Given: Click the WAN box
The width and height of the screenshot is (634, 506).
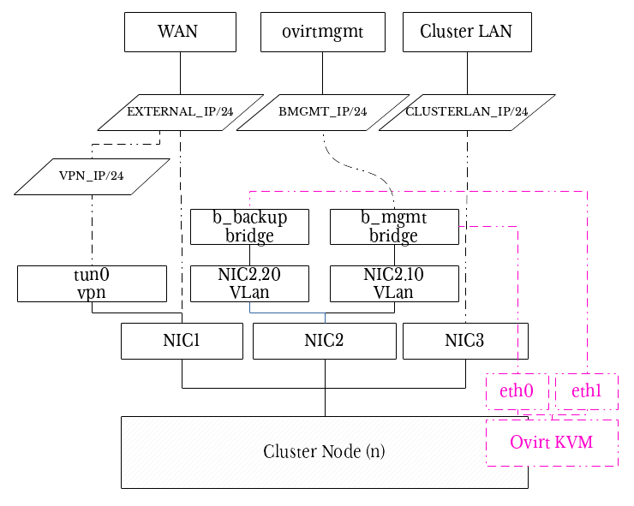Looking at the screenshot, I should [178, 32].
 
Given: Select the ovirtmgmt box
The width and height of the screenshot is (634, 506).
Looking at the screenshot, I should [322, 32].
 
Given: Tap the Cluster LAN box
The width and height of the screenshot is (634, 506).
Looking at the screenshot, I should [466, 32].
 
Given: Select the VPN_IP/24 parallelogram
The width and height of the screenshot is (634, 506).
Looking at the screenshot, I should [91, 176].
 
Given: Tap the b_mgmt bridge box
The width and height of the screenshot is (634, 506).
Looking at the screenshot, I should [394, 226].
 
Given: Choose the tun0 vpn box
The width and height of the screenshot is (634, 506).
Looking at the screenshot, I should [92, 283].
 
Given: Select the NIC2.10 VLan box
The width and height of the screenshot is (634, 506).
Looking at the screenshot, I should [394, 283].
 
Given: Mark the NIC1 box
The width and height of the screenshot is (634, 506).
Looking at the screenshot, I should [182, 341].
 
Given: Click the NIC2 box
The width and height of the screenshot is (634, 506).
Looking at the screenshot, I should [324, 341].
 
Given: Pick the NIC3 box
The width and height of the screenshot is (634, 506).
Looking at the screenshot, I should [464, 341].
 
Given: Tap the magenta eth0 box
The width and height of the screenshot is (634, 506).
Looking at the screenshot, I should [517, 391].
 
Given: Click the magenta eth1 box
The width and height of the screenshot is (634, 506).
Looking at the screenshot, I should [586, 391].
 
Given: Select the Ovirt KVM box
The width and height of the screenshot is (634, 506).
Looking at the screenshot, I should [552, 443].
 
